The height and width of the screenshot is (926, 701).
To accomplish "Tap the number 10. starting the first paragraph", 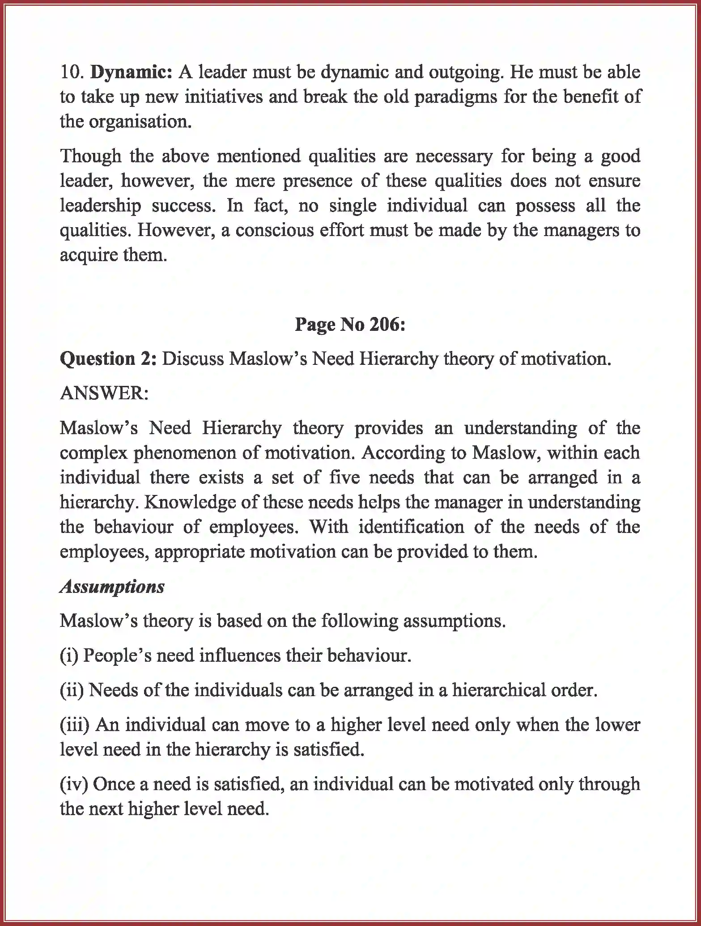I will click(72, 72).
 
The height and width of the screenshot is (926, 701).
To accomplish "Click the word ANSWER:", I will click(104, 393).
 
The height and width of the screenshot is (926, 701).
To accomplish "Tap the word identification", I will click(411, 527).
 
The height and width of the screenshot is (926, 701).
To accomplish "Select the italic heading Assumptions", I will click(112, 586).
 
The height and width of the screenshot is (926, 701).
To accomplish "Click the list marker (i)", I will click(69, 655).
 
